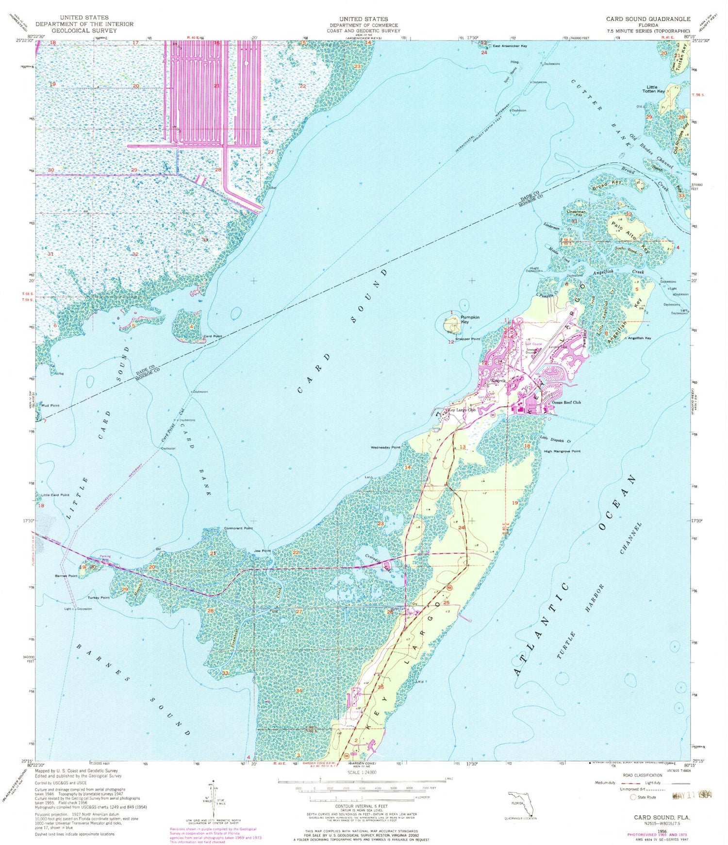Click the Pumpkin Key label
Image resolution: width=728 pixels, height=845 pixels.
(469, 319)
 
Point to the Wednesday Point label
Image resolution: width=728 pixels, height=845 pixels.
(385, 447)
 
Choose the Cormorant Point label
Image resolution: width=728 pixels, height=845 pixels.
(238, 528)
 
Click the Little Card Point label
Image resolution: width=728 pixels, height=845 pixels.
(55, 495)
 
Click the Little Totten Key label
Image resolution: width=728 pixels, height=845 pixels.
(654, 89)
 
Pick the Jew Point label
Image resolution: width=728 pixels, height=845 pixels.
(263, 551)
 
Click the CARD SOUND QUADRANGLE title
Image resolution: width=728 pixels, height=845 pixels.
(648, 19)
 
